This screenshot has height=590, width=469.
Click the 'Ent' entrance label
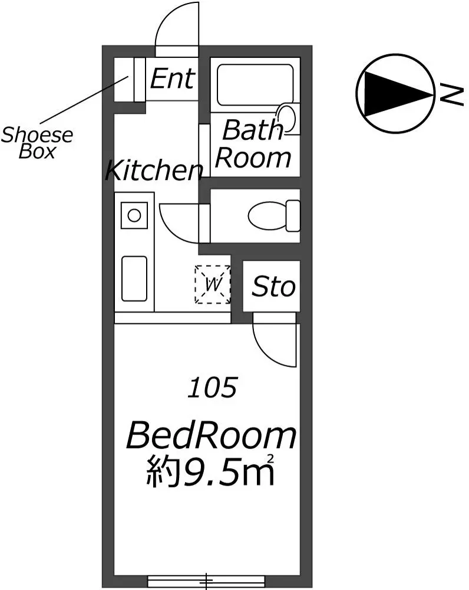(x=173, y=78)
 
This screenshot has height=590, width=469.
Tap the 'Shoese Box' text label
(x=37, y=143)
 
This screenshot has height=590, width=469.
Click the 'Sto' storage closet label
(x=273, y=287)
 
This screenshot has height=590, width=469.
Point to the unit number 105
(x=213, y=388)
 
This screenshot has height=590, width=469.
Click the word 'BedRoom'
(x=211, y=436)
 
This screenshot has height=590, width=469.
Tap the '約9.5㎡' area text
(x=210, y=470)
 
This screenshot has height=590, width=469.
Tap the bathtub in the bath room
(x=255, y=85)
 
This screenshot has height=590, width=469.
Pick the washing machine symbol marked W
(x=213, y=284)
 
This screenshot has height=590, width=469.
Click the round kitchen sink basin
(x=134, y=215)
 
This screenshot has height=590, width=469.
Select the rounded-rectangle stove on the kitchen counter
(x=134, y=278)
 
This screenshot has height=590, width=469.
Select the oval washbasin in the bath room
(x=286, y=119)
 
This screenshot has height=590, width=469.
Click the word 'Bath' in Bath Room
(x=252, y=130)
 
